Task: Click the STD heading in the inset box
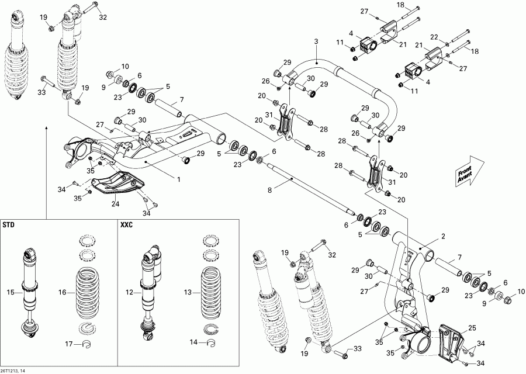pos(9,224)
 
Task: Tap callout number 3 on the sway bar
pos(316,41)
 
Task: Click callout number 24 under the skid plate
pos(116,205)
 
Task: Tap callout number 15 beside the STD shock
pos(8,292)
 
